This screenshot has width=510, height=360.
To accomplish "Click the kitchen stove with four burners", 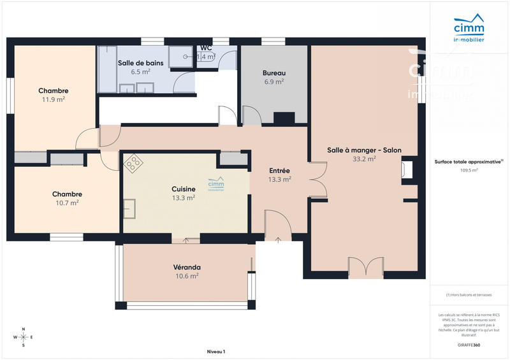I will [133, 164].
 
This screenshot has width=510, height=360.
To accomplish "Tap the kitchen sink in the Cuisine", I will [129, 208].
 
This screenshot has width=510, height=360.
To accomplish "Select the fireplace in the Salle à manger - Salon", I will [407, 169].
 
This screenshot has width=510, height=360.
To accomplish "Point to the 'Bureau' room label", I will [273, 73].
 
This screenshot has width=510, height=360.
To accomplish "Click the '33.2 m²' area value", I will [364, 159].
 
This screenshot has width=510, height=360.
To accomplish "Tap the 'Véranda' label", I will [187, 267].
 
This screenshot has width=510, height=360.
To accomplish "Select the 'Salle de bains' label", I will [140, 63].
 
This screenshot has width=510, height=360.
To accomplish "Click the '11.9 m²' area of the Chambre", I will [54, 99].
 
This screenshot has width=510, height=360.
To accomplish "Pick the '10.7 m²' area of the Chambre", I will [66, 203].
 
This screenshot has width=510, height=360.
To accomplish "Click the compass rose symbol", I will [24, 336].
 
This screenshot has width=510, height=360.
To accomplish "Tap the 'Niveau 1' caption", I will [216, 352].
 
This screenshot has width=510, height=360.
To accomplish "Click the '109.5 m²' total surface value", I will [469, 170].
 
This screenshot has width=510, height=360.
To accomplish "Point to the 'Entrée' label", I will [279, 171].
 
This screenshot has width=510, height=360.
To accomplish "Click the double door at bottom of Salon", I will [366, 268].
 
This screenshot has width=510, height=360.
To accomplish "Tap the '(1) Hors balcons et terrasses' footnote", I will [469, 295].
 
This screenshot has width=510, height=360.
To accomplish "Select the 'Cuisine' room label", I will [183, 189].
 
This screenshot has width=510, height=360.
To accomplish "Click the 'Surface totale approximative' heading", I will [469, 162].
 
